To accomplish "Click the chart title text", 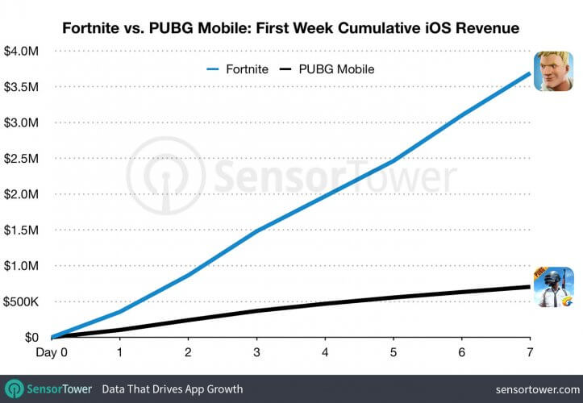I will coord(291,28).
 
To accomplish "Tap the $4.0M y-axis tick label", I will coord(19,51).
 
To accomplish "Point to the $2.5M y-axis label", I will coord(19,159).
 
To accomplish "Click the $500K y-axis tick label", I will coord(19,301).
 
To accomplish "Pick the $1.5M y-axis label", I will coord(19,231).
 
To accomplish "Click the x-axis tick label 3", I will coord(257,353).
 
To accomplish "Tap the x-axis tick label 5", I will coord(394,353).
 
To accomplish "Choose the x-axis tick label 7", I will coord(530,353).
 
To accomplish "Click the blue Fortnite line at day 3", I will coord(257,231).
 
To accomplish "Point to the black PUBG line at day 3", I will coord(257,310).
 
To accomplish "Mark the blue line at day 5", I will coord(394,161).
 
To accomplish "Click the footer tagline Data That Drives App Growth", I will coord(173,389).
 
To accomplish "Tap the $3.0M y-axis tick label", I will coord(19,123).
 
